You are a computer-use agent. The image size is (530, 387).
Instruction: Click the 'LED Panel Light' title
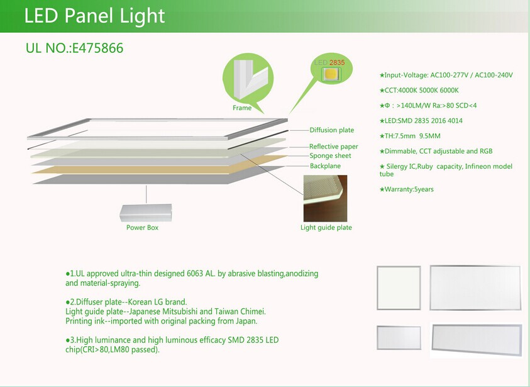pos(94,16)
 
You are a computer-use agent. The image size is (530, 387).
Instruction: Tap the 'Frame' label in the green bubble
pos(242,108)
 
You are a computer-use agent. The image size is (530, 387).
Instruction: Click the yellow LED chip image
pos(331,74)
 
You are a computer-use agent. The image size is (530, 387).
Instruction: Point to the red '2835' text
pos(337,62)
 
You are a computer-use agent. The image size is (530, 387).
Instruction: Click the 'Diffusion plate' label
pos(331,130)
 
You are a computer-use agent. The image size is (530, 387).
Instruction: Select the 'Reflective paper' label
pos(334,147)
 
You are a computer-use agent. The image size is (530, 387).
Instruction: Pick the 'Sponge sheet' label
pos(330,155)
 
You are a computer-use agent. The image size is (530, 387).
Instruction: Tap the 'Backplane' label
pos(325,165)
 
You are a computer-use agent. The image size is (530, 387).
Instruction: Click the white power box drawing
pos(146,213)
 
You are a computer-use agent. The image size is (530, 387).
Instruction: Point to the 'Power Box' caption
pos(142,228)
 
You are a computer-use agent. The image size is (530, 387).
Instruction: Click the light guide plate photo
pos(325,198)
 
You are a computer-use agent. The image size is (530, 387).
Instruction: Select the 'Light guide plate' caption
pos(326,228)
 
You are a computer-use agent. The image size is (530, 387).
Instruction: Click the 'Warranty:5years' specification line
pos(406,189)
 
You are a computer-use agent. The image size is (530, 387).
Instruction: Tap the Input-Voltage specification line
pos(446,75)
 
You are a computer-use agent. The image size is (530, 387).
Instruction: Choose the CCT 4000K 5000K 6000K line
pos(419,91)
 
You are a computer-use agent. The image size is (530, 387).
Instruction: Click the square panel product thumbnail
pos(399,288)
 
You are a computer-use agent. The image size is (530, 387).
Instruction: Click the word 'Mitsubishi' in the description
pos(180,311)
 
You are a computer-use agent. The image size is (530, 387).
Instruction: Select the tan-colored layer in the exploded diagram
pos(159,165)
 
